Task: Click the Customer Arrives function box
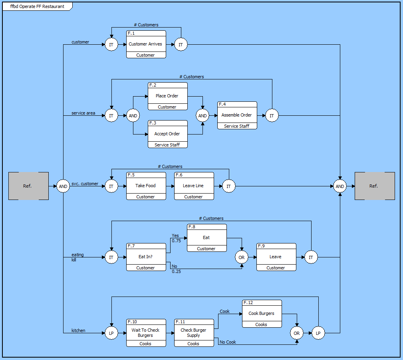[146, 44]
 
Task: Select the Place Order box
[167, 96]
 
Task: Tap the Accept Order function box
[167, 134]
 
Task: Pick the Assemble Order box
[237, 115]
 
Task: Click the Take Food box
[146, 186]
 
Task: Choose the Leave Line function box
[194, 186]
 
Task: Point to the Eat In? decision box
[146, 257]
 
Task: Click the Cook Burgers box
[262, 314]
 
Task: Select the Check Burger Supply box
[194, 333]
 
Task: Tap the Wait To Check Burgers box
[146, 333]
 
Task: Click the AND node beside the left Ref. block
[63, 186]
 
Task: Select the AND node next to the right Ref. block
[340, 186]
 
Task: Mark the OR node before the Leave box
[242, 257]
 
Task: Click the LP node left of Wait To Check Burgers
[111, 333]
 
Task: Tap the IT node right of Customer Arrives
[181, 45]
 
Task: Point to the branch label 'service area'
[83, 113]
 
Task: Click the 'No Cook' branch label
[228, 342]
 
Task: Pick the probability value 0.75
[176, 241]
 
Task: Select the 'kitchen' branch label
[78, 330]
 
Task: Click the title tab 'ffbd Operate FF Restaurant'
[37, 6]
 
